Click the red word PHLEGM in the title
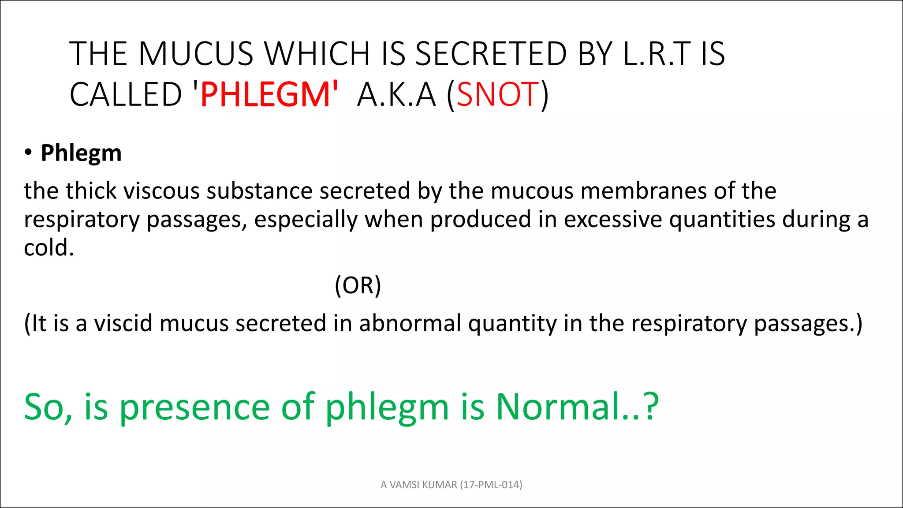pos(265,94)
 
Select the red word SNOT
pos(497,94)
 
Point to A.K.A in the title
pos(396,94)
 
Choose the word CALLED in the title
pos(126,94)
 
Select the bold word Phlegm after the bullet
pos(81,153)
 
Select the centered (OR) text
pos(358,285)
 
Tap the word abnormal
pos(410,323)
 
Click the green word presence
pos(194,407)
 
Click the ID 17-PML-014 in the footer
pos(491,485)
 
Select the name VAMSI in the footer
pos(405,485)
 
